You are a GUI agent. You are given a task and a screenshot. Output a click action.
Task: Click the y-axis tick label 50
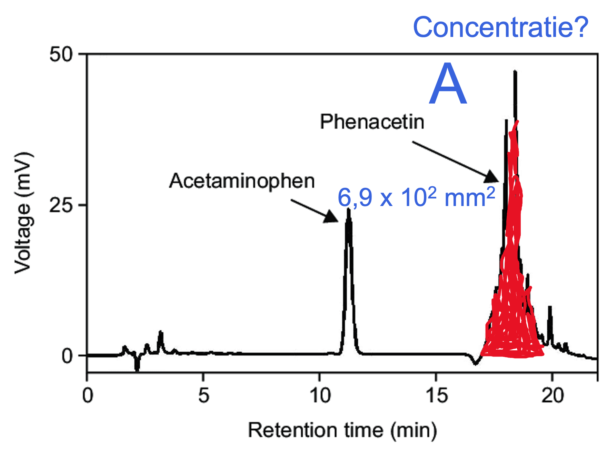click(x=61, y=55)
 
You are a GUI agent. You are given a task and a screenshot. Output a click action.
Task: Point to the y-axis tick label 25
click(x=61, y=205)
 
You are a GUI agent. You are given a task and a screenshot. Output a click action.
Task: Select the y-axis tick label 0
click(x=67, y=355)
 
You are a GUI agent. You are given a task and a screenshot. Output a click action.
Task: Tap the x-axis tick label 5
click(x=203, y=396)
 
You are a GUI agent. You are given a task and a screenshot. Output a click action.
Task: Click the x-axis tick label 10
click(x=320, y=396)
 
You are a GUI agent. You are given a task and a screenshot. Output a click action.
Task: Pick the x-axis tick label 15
click(x=437, y=396)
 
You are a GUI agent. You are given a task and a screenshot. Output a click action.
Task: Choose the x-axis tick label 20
click(x=553, y=396)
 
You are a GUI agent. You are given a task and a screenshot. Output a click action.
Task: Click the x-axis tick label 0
click(x=88, y=396)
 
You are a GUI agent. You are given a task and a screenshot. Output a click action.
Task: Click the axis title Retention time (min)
click(x=342, y=430)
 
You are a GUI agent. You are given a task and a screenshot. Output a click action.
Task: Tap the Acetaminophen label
click(x=242, y=181)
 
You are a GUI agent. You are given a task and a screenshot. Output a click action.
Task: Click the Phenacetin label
click(x=372, y=122)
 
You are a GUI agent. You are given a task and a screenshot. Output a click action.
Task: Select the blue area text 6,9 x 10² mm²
click(x=416, y=197)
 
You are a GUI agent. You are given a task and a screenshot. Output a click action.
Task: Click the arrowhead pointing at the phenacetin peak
click(x=492, y=177)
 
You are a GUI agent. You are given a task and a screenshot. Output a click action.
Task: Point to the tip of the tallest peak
click(x=515, y=71)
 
